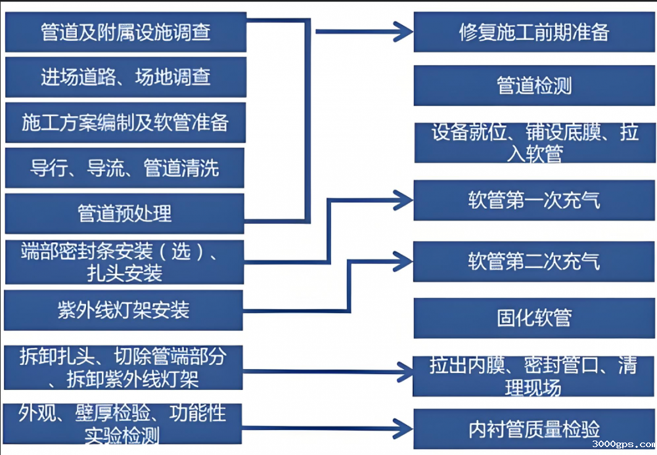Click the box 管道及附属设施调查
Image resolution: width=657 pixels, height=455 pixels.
(125, 32)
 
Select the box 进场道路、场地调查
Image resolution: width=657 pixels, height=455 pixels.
(125, 77)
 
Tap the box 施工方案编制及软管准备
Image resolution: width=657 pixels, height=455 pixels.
(125, 122)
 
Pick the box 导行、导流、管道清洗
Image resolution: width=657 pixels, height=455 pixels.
(125, 168)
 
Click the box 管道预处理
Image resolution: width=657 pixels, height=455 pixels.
(125, 213)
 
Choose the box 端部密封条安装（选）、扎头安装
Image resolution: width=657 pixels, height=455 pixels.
(124, 262)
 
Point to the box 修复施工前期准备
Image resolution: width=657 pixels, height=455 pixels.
(534, 32)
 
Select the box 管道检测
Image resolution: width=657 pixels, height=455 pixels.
(534, 86)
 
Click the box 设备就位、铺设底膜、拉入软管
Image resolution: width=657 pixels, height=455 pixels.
(534, 142)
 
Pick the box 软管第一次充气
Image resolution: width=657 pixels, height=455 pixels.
(534, 200)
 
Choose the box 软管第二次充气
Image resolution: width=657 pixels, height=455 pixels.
(534, 261)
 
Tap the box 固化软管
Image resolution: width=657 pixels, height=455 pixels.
(534, 318)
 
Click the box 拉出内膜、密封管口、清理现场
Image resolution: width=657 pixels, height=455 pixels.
(534, 376)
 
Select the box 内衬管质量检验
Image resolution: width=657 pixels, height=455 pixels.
(534, 429)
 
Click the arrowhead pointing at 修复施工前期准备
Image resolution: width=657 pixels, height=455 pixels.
(402, 30)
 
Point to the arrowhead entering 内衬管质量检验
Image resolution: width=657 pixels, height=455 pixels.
(402, 427)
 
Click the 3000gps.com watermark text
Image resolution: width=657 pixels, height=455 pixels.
(623, 445)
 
